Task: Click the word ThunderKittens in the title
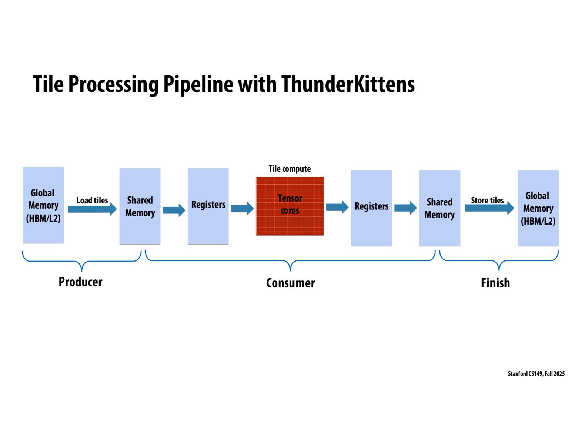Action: (348, 84)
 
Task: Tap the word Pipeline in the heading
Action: (198, 84)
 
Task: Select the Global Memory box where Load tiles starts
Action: (43, 205)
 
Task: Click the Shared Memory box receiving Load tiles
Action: (140, 206)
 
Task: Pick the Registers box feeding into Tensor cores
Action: (208, 206)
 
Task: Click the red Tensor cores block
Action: (290, 206)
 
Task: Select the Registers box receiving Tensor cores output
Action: (371, 208)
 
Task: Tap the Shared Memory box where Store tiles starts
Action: (439, 208)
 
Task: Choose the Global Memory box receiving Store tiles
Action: (538, 208)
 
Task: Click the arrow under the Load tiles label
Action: (92, 209)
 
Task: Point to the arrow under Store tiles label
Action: (489, 208)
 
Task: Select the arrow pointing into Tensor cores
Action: (242, 209)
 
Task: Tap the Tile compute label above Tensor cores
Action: (290, 169)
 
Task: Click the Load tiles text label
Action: (92, 200)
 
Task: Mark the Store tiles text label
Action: (487, 200)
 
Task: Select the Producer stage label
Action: (80, 282)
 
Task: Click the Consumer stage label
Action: (290, 283)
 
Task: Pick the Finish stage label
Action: (495, 283)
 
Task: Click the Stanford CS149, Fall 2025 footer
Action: (536, 374)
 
